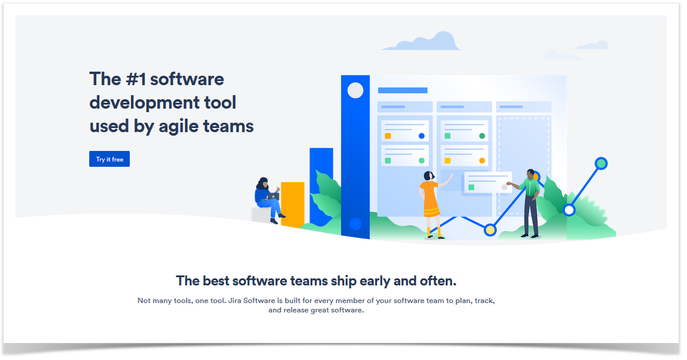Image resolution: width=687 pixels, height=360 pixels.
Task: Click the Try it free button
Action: click(x=110, y=159)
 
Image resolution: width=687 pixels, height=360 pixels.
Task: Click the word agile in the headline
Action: click(x=179, y=127)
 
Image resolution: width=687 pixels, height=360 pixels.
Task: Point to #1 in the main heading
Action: click(x=136, y=79)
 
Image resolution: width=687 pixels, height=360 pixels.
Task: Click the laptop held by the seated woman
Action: click(x=273, y=196)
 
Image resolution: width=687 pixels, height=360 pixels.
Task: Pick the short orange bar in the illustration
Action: click(x=292, y=204)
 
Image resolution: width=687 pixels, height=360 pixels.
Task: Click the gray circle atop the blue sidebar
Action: click(x=355, y=90)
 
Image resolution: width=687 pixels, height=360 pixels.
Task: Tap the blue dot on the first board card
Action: click(x=422, y=136)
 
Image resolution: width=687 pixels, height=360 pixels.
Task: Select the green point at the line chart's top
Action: click(x=601, y=163)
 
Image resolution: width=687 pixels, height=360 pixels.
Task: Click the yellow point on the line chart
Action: click(x=490, y=230)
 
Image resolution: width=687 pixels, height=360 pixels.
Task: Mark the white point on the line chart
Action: click(x=569, y=210)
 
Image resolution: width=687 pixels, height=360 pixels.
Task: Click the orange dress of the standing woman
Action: click(x=430, y=198)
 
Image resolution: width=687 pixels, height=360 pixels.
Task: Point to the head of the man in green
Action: click(x=531, y=174)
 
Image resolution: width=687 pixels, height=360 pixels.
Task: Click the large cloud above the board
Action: click(x=421, y=41)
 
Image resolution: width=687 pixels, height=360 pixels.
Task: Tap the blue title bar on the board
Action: click(x=403, y=90)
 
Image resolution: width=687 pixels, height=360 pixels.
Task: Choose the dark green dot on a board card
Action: click(x=482, y=136)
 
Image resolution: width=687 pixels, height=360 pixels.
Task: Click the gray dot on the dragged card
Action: click(x=504, y=187)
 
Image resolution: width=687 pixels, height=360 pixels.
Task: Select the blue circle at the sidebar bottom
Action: click(x=355, y=224)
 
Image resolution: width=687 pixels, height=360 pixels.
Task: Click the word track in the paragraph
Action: click(x=484, y=301)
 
